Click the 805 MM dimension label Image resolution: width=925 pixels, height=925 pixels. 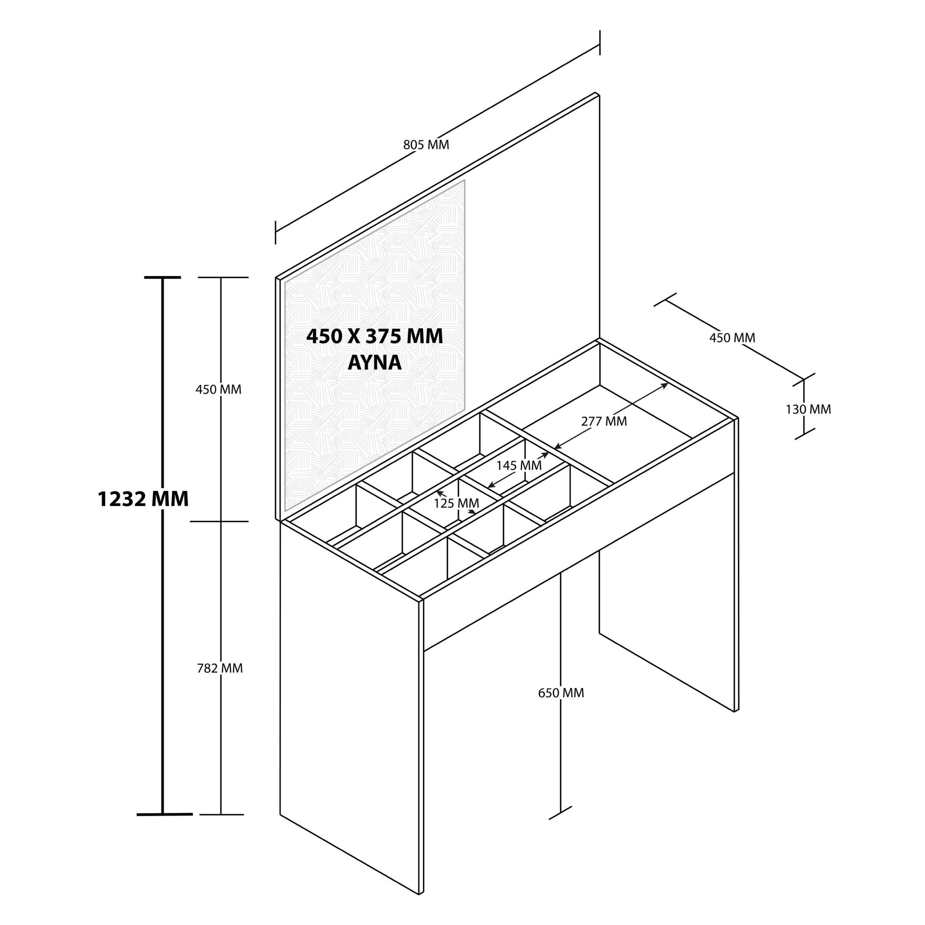click(426, 145)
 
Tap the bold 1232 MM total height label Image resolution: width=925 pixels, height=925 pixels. click(143, 499)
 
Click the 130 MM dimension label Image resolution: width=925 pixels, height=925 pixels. click(808, 409)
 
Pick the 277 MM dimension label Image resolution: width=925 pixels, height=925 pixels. click(604, 421)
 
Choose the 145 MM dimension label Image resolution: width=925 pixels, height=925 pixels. click(519, 465)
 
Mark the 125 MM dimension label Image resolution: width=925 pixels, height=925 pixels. click(456, 503)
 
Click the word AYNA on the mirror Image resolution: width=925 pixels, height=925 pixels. click(374, 362)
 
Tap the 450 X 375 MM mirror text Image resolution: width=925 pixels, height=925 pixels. click(374, 337)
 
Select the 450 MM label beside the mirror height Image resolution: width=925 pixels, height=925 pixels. click(218, 389)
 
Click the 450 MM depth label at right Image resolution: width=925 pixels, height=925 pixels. click(732, 337)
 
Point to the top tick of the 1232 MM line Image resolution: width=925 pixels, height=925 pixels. click(163, 277)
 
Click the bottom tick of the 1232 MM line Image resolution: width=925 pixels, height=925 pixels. click(164, 814)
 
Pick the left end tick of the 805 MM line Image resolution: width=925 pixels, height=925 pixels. click(275, 233)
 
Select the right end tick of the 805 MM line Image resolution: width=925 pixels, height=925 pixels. click(599, 43)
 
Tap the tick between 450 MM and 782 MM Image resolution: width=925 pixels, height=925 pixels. click(220, 521)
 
